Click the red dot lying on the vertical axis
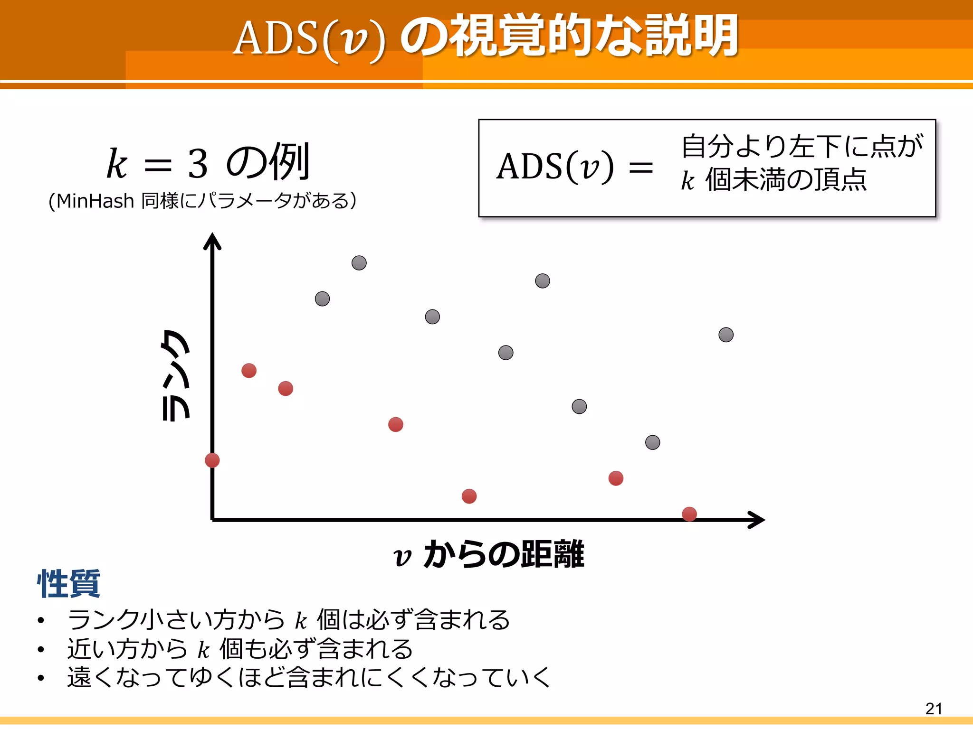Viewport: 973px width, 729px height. coord(212,460)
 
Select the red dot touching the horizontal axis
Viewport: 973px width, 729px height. coord(689,514)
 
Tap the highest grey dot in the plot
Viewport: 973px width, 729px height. coord(359,262)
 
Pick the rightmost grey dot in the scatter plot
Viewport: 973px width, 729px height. coord(725,335)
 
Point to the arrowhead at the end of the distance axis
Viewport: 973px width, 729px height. coord(757,520)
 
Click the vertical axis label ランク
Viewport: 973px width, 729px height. coord(176,375)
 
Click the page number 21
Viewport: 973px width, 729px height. coord(934,708)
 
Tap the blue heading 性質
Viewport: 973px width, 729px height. coord(69,583)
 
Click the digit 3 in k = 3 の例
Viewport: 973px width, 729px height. coord(198,164)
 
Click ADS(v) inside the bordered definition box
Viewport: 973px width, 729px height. coord(555,167)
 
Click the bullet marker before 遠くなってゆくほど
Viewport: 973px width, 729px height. coord(41,678)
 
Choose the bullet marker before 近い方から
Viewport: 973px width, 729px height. coord(41,649)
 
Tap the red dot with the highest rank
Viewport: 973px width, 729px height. coord(248,370)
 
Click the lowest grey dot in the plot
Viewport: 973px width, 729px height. coord(652,442)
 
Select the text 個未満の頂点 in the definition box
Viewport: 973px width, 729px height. coord(786,180)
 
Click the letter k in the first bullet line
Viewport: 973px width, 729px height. coord(301,620)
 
